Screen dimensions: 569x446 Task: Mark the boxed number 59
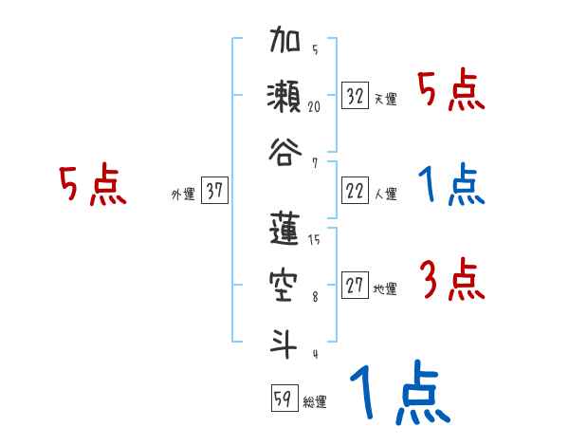283,400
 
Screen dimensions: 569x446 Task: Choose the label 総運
314,402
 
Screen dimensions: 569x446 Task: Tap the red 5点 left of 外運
92,184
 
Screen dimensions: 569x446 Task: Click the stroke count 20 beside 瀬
314,107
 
